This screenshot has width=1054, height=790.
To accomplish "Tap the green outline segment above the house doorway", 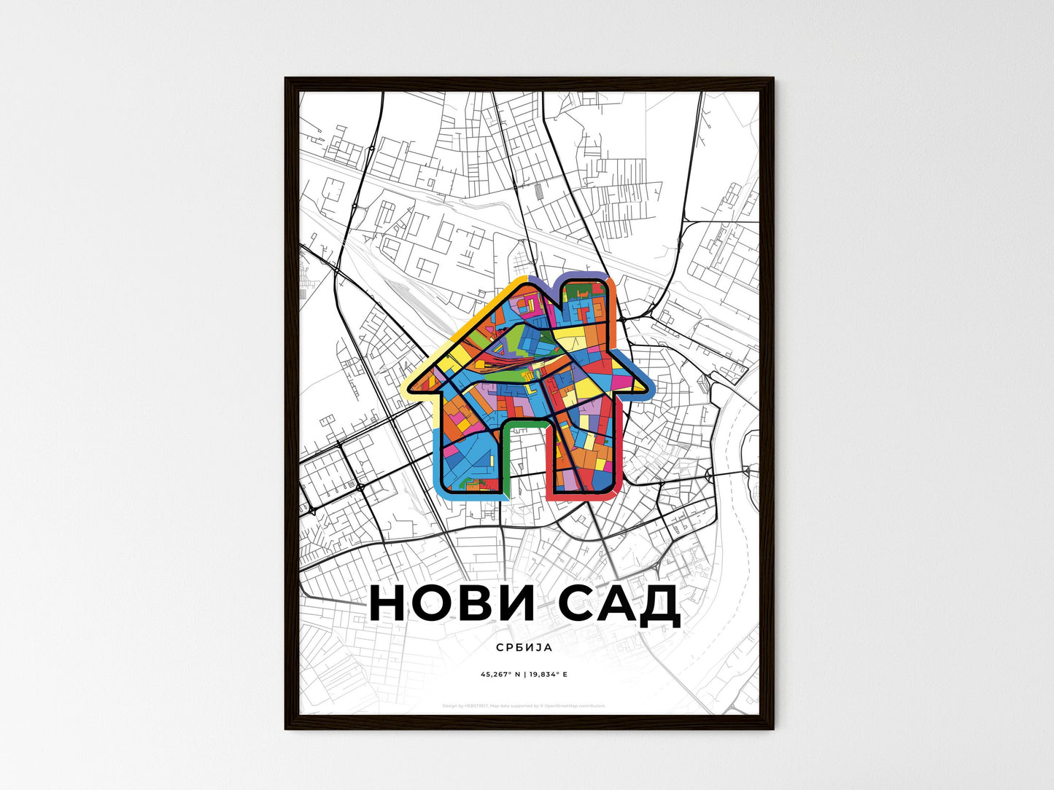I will (524, 422).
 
